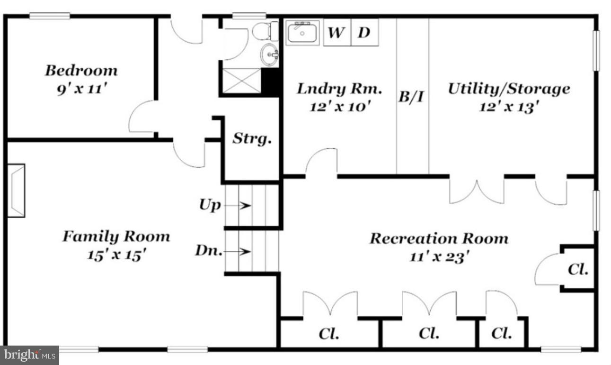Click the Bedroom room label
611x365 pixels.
[81, 71]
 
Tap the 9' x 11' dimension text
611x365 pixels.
[81, 89]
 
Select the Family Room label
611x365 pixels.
[116, 236]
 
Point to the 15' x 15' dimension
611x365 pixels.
[116, 255]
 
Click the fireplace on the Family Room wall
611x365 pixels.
[16, 191]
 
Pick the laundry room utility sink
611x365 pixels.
[302, 33]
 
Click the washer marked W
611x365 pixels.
[336, 33]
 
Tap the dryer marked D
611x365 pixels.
[364, 33]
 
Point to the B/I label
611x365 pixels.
[412, 98]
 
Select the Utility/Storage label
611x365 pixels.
[509, 89]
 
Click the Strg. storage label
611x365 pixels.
[252, 139]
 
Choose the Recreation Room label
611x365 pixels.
[439, 238]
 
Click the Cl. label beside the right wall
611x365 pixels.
[578, 270]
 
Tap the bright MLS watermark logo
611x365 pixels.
[29, 355]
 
